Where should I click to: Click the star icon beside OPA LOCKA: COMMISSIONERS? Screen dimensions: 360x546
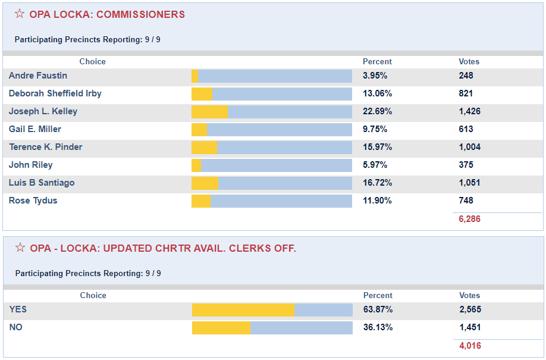[x=20, y=14]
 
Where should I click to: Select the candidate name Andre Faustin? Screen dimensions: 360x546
[x=38, y=76]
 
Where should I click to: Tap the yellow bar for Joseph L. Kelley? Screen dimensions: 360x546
[x=209, y=112]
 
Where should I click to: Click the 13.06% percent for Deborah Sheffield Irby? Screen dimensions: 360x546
[x=377, y=93]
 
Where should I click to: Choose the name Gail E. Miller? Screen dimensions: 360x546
[x=35, y=129]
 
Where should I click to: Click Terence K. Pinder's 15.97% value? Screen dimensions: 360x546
[x=377, y=147]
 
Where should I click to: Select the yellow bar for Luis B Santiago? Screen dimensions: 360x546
[x=205, y=183]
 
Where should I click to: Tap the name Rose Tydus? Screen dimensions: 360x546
[x=33, y=201]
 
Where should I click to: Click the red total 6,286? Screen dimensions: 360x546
[x=469, y=219]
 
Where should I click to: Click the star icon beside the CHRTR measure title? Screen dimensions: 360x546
[x=20, y=248]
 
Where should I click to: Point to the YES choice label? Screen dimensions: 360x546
[x=18, y=309]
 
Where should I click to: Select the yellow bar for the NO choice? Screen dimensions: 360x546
[x=221, y=328]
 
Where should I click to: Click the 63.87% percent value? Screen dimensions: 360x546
[x=378, y=309]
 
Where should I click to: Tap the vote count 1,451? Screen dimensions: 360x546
[x=470, y=327]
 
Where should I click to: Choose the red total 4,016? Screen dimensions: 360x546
[x=470, y=346]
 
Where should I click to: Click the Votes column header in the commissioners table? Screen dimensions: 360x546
[x=469, y=61]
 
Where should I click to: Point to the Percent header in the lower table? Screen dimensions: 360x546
[x=378, y=295]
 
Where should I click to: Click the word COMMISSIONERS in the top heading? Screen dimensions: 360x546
[x=140, y=14]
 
